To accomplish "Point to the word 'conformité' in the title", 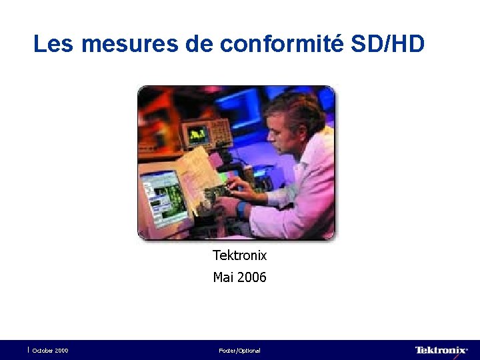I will coord(281,44).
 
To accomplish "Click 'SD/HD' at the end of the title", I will coord(387,44).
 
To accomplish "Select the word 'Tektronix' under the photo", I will coord(239,255).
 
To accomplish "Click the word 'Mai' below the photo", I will coord(223,277).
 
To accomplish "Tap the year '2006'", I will coord(251,277).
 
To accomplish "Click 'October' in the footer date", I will coord(43,351).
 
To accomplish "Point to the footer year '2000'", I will coord(61,351).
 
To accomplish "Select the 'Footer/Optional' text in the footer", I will coord(239,351).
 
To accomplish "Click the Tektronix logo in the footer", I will coord(441,350).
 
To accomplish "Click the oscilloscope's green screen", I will coord(197,135).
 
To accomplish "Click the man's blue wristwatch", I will coord(241,208).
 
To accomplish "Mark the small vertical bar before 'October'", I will coord(29,349).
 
